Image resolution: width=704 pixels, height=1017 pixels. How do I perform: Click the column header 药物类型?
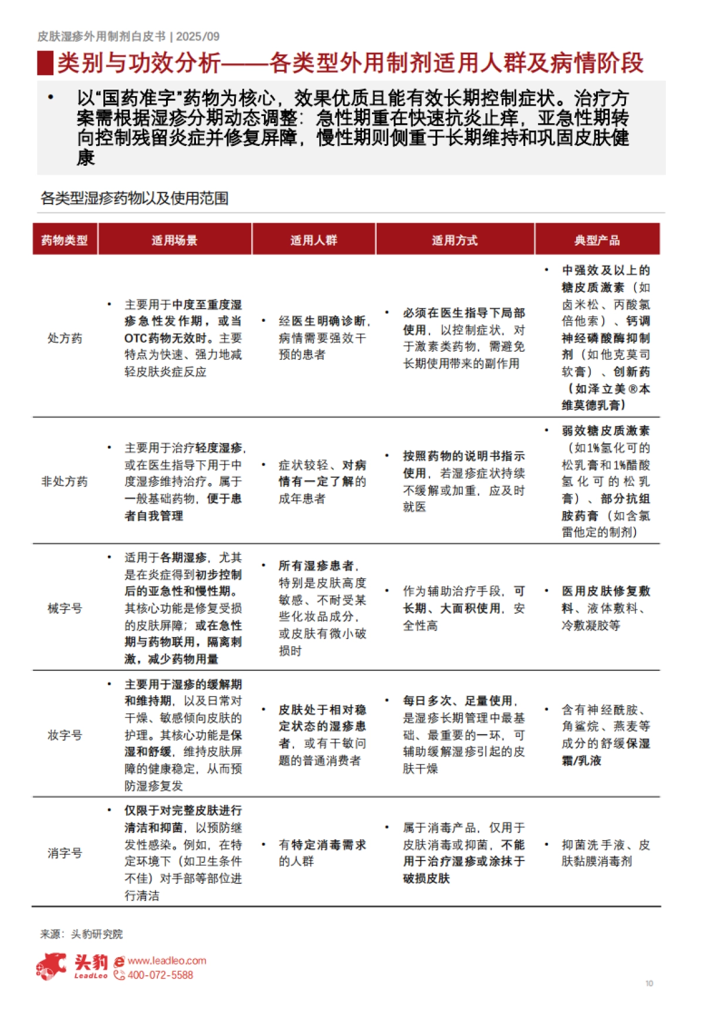(65, 240)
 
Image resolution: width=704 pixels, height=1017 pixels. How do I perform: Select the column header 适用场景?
(174, 240)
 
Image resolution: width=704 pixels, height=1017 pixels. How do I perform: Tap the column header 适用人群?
(313, 240)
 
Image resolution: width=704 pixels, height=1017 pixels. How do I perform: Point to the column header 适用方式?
(455, 240)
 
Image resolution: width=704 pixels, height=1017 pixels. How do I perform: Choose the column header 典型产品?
(597, 240)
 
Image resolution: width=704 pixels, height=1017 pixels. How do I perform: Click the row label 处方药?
(65, 338)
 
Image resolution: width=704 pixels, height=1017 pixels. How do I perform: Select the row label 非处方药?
(65, 481)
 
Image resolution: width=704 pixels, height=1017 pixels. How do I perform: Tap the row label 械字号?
(65, 608)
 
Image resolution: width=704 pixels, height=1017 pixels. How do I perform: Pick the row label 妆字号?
(65, 735)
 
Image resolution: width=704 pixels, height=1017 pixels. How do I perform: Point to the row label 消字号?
(65, 853)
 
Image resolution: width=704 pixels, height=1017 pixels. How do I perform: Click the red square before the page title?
(45, 63)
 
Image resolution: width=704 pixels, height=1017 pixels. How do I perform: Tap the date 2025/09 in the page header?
(198, 36)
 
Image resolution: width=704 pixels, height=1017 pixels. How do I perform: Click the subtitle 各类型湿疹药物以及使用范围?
(134, 198)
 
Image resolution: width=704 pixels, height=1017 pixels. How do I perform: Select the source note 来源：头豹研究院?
(82, 934)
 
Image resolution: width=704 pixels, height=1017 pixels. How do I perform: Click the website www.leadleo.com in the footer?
(167, 961)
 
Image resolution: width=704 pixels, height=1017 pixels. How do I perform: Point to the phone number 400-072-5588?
(160, 975)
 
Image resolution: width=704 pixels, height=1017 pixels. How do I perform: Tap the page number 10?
(649, 983)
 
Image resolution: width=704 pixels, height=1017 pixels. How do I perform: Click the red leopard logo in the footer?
(51, 966)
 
